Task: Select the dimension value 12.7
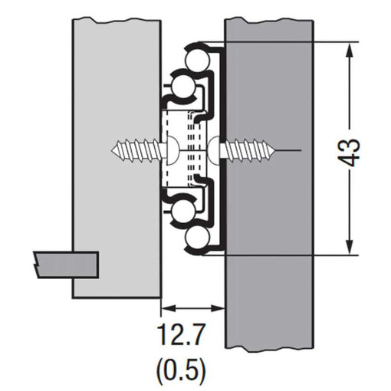coord(181,335)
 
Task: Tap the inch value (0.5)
coord(181,370)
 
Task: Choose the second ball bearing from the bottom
coord(182,210)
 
